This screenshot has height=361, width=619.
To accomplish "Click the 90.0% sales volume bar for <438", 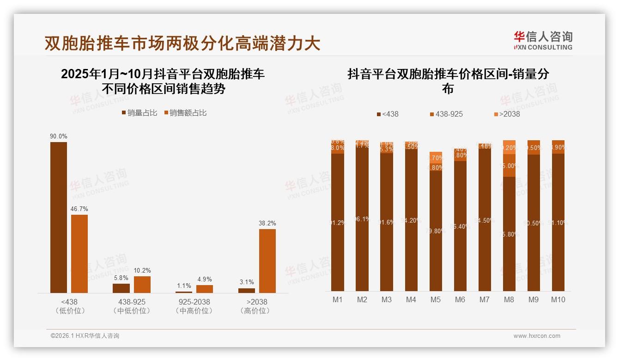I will (x=59, y=217).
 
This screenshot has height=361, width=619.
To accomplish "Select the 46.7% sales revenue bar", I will (x=79, y=253).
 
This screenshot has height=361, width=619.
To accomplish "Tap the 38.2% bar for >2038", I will (x=267, y=261).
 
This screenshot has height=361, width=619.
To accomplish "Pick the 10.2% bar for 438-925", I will (x=142, y=284).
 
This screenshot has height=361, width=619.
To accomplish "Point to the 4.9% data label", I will (x=204, y=279).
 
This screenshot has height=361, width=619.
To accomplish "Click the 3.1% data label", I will (x=247, y=282).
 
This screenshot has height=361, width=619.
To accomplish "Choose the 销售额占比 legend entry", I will (x=185, y=112).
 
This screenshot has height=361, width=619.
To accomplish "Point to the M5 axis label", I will (x=436, y=299).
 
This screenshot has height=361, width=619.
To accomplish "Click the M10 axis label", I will (x=558, y=299).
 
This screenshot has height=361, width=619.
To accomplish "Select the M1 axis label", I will (x=338, y=299).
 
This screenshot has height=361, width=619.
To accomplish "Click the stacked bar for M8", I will (x=509, y=215).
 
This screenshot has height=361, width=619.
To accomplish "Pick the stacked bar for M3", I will (x=387, y=216).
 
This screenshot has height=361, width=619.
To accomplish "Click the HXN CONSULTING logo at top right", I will (x=543, y=41).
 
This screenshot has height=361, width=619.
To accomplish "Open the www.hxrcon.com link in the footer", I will (x=537, y=336).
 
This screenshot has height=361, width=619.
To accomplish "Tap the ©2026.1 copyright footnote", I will (x=85, y=336).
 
